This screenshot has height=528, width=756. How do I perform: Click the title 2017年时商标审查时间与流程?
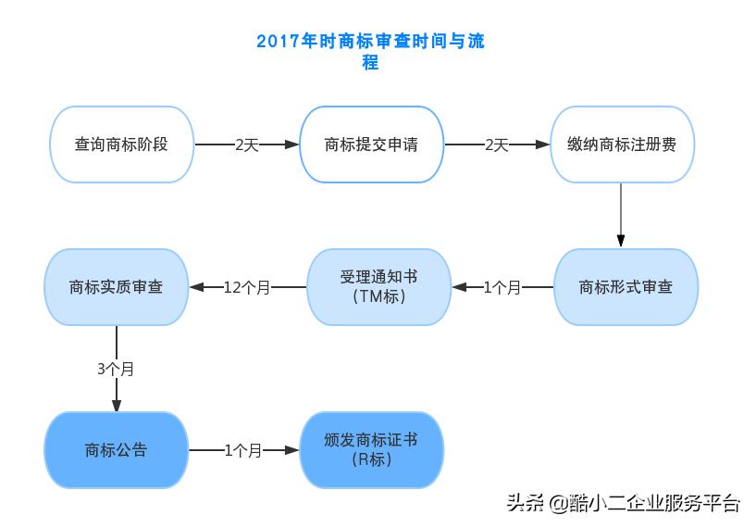point(370,52)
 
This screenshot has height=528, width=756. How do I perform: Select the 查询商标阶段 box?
point(121,145)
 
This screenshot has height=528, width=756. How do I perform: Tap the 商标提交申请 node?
point(371,145)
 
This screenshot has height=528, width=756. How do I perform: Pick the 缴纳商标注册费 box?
point(622,145)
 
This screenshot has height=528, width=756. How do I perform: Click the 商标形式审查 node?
point(626,287)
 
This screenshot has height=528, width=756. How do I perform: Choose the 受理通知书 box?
point(378,287)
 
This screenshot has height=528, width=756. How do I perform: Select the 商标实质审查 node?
point(116,287)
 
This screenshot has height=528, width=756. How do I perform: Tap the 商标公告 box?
point(116,451)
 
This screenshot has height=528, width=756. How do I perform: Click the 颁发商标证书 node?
point(372,450)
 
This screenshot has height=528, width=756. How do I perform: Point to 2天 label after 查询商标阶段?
point(247,145)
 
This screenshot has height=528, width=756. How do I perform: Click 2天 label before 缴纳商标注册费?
point(497,145)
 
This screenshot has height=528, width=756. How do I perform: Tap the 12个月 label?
point(247,288)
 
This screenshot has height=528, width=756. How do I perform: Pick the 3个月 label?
point(116,369)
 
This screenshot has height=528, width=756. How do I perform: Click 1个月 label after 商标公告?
point(243,451)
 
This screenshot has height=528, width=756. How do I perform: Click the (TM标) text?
point(378,297)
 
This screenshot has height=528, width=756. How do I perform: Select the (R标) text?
point(372,460)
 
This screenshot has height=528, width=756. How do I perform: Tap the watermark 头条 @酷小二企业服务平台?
point(623,503)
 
